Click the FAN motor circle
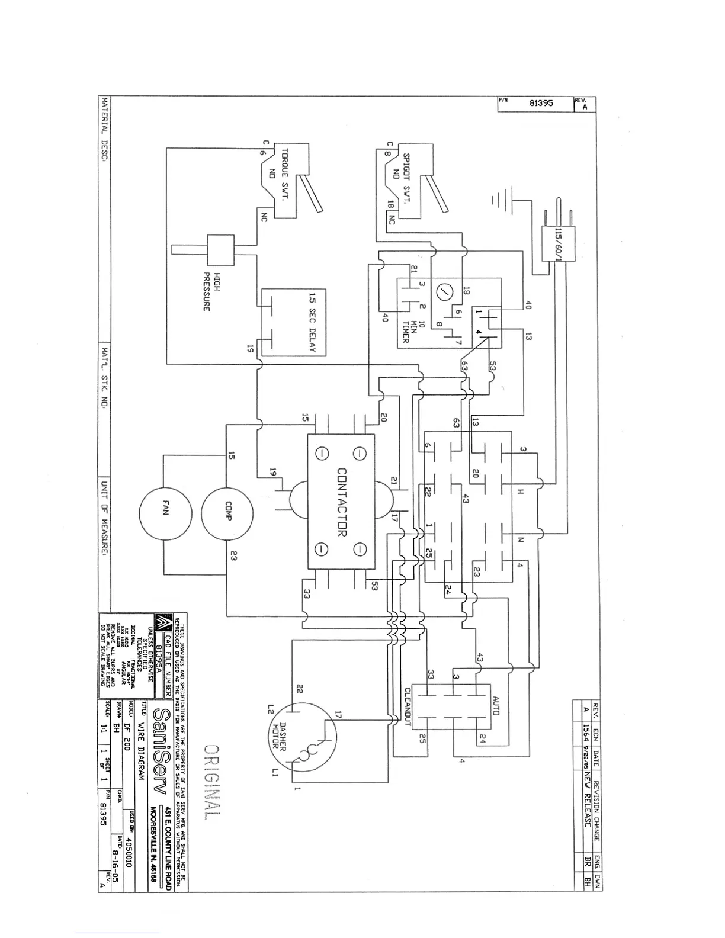pos(165,513)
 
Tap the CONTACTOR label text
pos(342,502)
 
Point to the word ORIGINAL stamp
pos(212,781)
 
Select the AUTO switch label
pos(496,705)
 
